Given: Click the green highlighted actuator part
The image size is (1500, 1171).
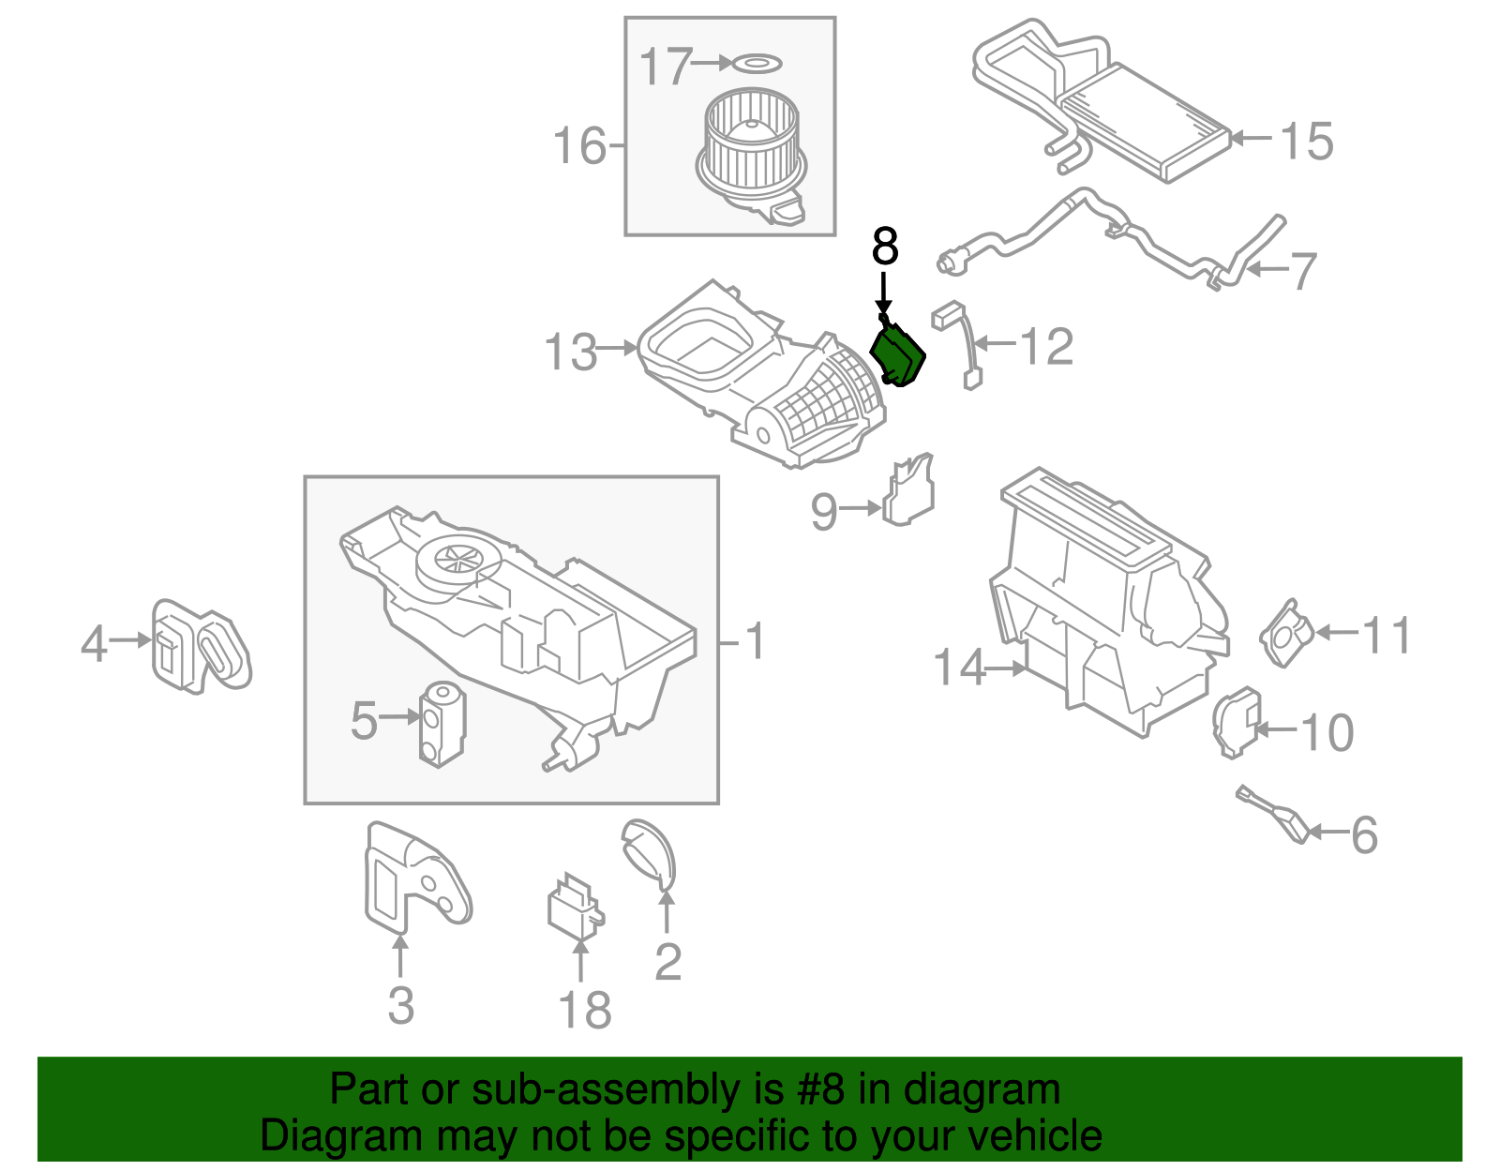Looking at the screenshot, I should click(x=897, y=355).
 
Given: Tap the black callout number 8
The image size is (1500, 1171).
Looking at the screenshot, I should click(x=885, y=248).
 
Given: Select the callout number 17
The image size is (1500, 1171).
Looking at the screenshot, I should click(x=665, y=67).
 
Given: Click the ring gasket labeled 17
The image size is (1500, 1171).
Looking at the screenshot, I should click(x=756, y=64).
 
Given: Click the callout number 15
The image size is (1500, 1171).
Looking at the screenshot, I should click(x=1306, y=142).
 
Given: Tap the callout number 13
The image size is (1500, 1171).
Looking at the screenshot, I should click(x=570, y=353).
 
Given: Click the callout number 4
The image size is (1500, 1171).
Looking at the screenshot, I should click(x=93, y=644).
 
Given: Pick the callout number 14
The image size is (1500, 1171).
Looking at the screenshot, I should click(x=959, y=668).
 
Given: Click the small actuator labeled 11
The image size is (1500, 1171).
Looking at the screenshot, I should click(x=1286, y=634).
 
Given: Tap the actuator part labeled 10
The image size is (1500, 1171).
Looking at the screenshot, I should click(x=1237, y=720).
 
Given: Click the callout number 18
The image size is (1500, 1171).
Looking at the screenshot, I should click(x=584, y=1011).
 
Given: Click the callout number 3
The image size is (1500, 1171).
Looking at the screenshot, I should click(x=400, y=1005).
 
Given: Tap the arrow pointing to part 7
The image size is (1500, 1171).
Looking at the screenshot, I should click(x=1269, y=270).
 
